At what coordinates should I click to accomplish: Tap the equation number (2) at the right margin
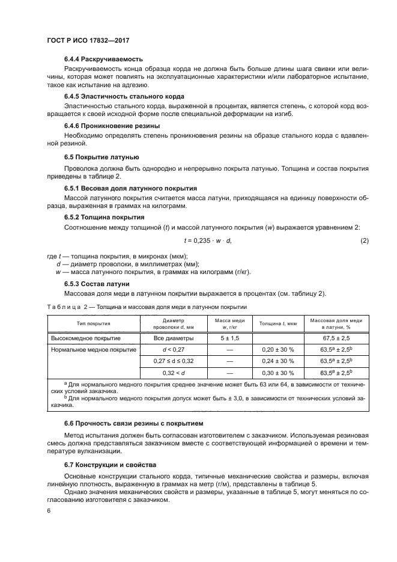point(364,240)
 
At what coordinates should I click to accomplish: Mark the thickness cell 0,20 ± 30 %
point(278,349)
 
